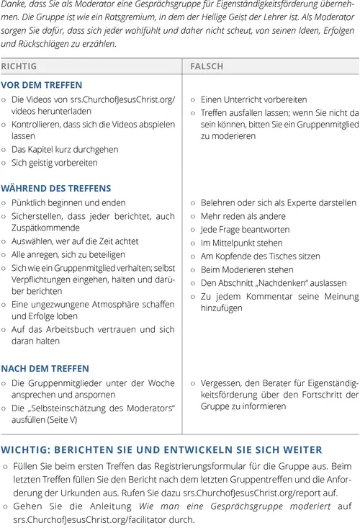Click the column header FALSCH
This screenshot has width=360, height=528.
tap(207, 66)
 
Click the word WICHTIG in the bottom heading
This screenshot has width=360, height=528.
tap(27, 449)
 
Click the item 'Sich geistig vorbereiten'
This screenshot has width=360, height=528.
tap(54, 163)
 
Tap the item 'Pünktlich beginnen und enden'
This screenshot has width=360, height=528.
tap(68, 202)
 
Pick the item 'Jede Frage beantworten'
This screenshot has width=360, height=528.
tap(245, 228)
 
